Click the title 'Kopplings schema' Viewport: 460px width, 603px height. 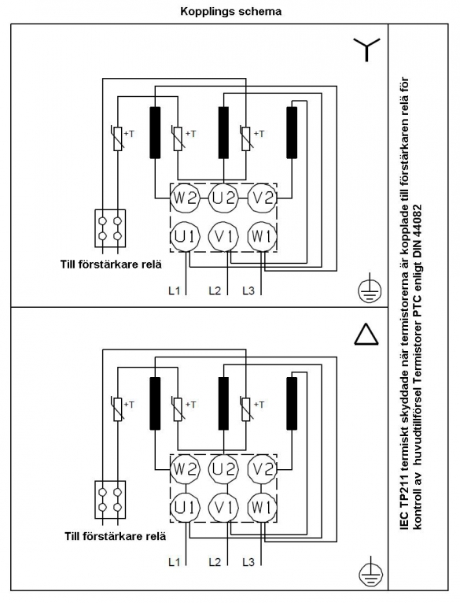pyautogui.click(x=230, y=11)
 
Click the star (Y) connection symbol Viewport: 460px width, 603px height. pyautogui.click(x=366, y=50)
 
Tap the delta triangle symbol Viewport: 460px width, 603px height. pyautogui.click(x=366, y=334)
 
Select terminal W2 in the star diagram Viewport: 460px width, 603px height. pyautogui.click(x=186, y=198)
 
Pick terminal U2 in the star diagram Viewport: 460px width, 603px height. pyautogui.click(x=223, y=198)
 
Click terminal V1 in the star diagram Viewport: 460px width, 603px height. pyautogui.click(x=223, y=236)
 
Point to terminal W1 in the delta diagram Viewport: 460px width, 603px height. pyautogui.click(x=262, y=508)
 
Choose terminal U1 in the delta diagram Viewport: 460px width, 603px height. pyautogui.click(x=186, y=508)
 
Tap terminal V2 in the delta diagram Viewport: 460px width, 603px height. pyautogui.click(x=262, y=469)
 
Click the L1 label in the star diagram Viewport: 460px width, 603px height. pyautogui.click(x=174, y=290)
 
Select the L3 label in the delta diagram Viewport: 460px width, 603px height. pyautogui.click(x=248, y=562)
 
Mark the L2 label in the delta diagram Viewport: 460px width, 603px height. pyautogui.click(x=215, y=562)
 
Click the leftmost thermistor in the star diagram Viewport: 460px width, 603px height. pyautogui.click(x=118, y=138)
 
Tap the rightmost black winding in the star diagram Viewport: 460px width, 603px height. pyautogui.click(x=292, y=133)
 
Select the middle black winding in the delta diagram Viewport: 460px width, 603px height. pyautogui.click(x=223, y=403)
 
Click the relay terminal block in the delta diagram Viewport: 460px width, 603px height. pyautogui.click(x=110, y=499)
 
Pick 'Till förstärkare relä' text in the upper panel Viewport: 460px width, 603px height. pyautogui.click(x=111, y=265)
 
